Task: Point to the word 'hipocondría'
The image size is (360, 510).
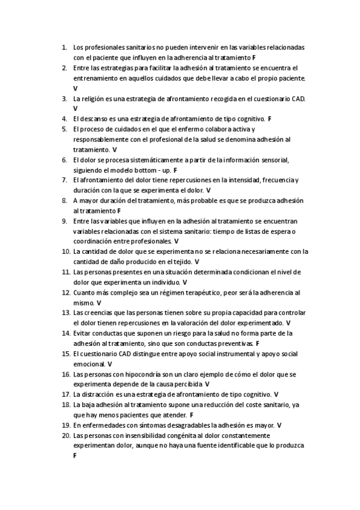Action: (134, 374)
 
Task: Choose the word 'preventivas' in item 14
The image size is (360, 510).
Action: (236, 343)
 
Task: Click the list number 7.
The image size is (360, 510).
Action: (65, 180)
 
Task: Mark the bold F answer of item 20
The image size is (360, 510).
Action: (75, 456)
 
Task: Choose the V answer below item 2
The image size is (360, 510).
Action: (75, 88)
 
